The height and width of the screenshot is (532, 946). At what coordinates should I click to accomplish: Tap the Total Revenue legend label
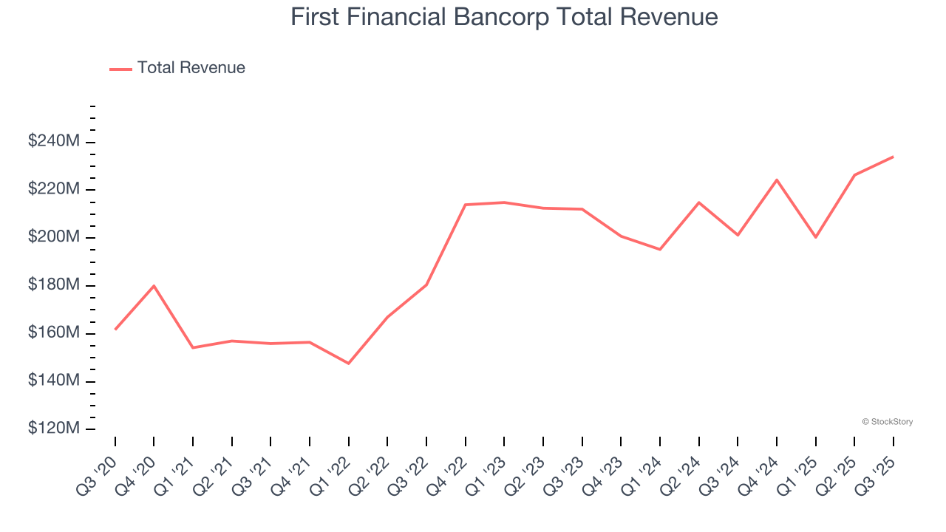coord(191,68)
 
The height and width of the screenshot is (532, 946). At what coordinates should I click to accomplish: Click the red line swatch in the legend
coord(120,69)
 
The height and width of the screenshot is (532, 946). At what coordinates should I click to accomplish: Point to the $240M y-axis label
coord(53,141)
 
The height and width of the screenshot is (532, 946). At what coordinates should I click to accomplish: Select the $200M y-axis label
coord(53,237)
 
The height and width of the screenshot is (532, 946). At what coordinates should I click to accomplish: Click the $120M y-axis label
coord(53,429)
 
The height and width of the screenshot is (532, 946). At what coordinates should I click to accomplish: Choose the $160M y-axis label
coord(53,333)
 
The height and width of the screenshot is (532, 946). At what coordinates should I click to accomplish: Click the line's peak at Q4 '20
coord(154,286)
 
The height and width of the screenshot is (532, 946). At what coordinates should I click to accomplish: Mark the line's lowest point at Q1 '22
coord(348,363)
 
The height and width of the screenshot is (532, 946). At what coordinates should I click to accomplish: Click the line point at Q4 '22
coord(466,205)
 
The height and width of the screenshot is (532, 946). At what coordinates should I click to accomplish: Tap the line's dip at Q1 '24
coord(660,249)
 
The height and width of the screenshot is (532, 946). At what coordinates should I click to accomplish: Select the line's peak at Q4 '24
coord(777,180)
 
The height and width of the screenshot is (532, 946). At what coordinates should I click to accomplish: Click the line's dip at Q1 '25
coord(816,237)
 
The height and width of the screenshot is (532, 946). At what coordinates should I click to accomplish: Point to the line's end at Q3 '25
coord(894,157)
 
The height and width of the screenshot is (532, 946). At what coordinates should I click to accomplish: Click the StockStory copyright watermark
coord(887,422)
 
